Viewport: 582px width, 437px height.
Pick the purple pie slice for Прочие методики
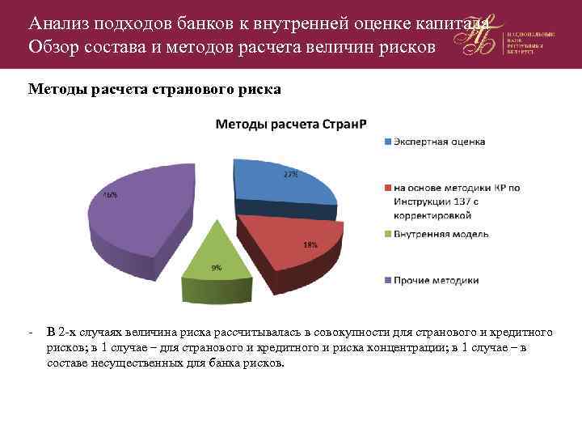(x=145, y=214)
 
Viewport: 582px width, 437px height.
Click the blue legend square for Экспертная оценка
(x=387, y=142)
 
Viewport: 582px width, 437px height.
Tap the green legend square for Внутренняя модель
(x=387, y=235)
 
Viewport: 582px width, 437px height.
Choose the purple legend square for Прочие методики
(x=387, y=281)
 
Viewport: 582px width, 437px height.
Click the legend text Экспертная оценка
(x=439, y=142)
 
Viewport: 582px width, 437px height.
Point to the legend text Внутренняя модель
(x=441, y=235)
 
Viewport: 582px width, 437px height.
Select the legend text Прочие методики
(x=436, y=281)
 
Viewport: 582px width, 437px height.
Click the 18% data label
(x=310, y=244)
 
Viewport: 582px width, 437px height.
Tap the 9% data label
(x=217, y=268)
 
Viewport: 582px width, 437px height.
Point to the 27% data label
(x=289, y=175)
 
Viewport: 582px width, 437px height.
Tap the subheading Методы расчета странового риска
(x=154, y=89)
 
